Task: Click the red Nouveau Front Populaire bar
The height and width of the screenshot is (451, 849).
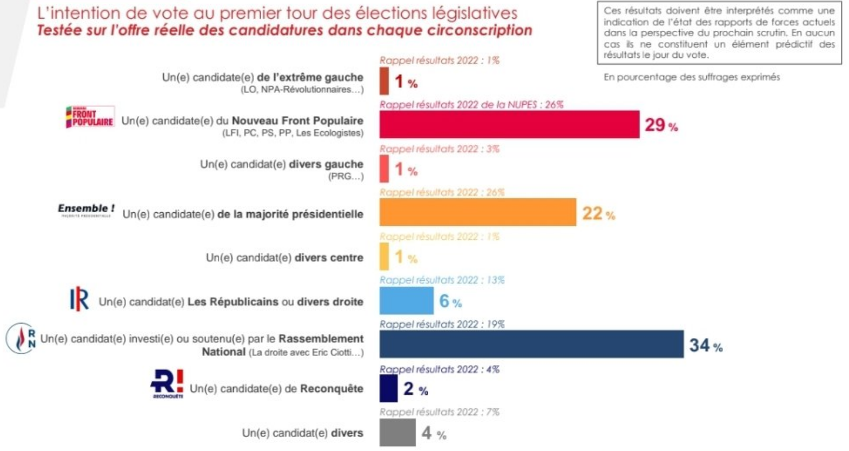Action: [x=509, y=125]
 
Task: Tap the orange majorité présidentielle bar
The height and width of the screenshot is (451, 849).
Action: [x=477, y=212]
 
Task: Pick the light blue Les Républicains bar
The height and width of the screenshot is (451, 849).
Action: [x=406, y=300]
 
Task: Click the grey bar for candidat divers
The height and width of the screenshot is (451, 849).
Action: [x=397, y=432]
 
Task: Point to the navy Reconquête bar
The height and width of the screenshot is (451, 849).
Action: [x=388, y=388]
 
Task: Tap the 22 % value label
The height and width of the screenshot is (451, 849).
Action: [x=598, y=213]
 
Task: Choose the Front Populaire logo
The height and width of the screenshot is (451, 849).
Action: [x=89, y=117]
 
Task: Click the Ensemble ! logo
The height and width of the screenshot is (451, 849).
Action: [x=86, y=210]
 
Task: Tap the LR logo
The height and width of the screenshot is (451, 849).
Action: [x=79, y=299]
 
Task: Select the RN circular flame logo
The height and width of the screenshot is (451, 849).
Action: [x=21, y=339]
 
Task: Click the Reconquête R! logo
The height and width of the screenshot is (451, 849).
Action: [x=167, y=383]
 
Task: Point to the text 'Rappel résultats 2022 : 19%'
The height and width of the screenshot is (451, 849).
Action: [x=441, y=324]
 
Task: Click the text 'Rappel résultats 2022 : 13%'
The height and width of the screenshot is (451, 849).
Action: [x=441, y=280]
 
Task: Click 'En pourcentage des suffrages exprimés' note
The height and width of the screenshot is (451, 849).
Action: [x=691, y=77]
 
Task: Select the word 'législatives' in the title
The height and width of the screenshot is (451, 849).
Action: [x=476, y=12]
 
